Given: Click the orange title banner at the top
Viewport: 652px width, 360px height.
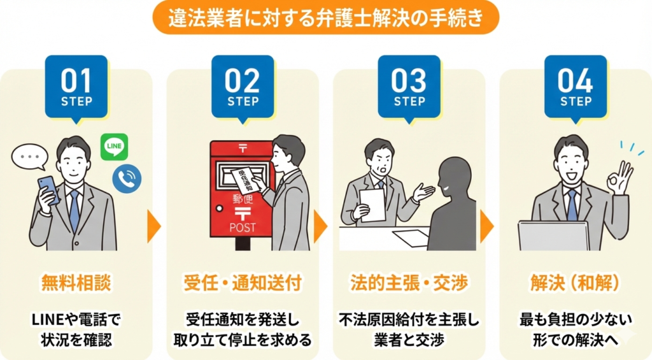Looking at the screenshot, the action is [326, 17].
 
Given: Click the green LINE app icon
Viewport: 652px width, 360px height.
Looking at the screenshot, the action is [115, 147].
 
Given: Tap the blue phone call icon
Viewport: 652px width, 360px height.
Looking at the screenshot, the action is [127, 178].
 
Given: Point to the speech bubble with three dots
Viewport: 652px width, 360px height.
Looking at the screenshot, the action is [29, 157].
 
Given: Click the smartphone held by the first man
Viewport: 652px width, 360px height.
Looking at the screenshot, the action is [48, 190].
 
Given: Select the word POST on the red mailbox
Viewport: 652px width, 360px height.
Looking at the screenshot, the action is [243, 227].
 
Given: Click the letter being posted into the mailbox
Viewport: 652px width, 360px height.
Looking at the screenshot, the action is [246, 180].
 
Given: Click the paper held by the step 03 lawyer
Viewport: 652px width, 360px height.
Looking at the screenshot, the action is [372, 205].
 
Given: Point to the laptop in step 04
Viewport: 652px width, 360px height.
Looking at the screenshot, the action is [553, 236].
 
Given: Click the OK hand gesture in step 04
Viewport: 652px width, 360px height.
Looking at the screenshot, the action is [620, 177].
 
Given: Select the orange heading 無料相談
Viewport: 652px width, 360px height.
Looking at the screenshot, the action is [76, 283].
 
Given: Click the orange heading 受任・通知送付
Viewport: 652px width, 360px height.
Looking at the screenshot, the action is [243, 283].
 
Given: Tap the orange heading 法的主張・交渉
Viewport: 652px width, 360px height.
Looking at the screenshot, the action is [409, 283].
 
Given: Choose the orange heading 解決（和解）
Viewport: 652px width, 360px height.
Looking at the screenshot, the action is [575, 283].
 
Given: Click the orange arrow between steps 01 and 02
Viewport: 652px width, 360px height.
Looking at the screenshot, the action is [153, 226].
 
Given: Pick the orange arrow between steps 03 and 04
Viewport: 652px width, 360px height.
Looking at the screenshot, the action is [486, 226].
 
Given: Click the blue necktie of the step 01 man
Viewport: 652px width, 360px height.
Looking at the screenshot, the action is [74, 210].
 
